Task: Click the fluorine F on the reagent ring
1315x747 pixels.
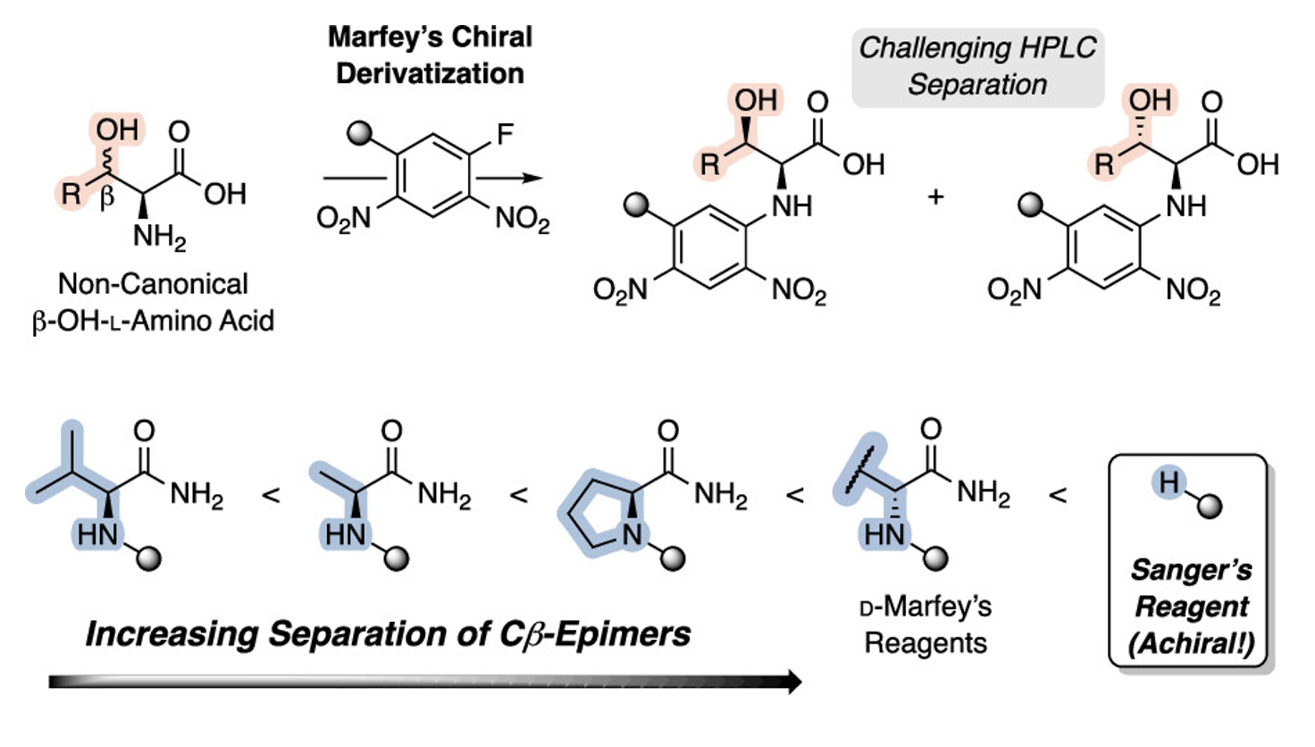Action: click(x=505, y=134)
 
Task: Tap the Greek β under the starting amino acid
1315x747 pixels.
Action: click(x=107, y=197)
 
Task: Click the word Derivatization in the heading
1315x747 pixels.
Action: click(x=431, y=74)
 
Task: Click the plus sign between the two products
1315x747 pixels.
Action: click(x=935, y=197)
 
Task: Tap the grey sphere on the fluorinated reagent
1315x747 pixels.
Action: click(x=359, y=133)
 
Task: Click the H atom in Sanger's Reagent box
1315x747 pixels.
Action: click(x=1168, y=483)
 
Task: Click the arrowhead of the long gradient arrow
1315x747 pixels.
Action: click(x=794, y=681)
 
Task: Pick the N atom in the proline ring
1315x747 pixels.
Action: click(x=632, y=534)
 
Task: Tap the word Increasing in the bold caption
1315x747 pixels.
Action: click(x=172, y=635)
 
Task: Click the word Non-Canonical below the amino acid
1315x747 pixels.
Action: click(x=154, y=284)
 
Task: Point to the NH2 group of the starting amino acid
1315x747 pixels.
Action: click(x=159, y=238)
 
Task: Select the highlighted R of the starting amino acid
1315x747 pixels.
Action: click(x=71, y=194)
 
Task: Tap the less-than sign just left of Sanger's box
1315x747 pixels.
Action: click(x=1058, y=495)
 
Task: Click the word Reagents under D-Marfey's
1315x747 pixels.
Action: click(x=926, y=643)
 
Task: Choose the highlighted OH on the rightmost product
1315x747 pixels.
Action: click(x=1150, y=100)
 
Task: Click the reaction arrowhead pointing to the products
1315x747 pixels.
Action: click(x=532, y=177)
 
